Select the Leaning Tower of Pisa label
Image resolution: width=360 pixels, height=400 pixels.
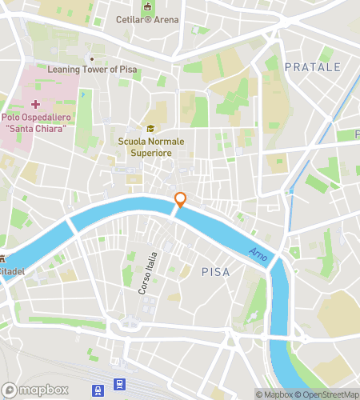tap(93, 69)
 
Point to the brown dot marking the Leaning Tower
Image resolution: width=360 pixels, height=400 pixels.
tap(93, 58)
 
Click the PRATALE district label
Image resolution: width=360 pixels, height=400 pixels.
tap(313, 67)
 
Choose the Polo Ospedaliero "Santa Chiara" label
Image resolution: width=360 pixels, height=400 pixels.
tap(36, 124)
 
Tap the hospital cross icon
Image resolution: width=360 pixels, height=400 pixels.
tap(35, 105)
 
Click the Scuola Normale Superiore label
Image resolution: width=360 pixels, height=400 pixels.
tap(146, 147)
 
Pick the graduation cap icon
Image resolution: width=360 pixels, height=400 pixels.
tap(148, 130)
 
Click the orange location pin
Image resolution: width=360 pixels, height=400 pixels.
tap(181, 200)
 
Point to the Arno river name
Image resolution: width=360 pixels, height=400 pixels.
tap(258, 252)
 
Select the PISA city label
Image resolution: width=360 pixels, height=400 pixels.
tap(215, 272)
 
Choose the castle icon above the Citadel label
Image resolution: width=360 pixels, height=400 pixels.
tap(3, 259)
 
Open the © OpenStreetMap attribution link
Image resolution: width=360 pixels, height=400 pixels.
tap(327, 394)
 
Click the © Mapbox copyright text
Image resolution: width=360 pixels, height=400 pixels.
tap(274, 394)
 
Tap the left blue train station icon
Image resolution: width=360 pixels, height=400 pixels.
tap(98, 390)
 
